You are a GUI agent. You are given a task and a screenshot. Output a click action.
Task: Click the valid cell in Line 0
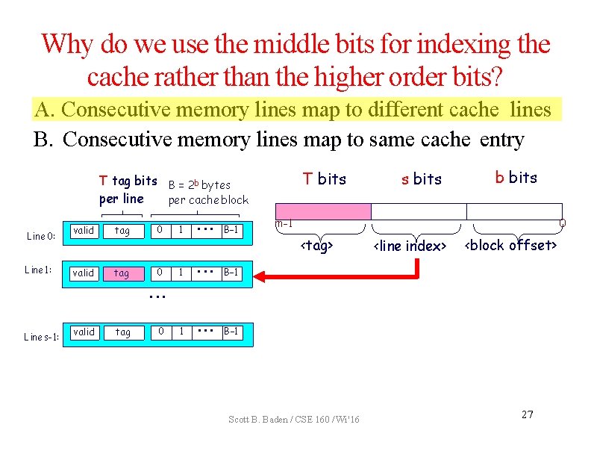[84, 231]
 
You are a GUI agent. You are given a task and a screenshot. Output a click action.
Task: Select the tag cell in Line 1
[122, 273]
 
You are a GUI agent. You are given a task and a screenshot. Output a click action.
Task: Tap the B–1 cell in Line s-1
[232, 332]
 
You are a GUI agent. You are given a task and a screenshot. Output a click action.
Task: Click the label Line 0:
[41, 236]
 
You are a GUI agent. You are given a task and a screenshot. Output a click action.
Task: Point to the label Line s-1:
[41, 337]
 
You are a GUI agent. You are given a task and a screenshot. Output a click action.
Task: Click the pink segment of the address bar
[323, 211]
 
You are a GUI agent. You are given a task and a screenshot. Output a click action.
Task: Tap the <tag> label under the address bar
[316, 246]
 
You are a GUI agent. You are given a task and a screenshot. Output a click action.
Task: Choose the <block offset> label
[511, 245]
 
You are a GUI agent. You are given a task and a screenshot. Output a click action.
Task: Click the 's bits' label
[422, 179]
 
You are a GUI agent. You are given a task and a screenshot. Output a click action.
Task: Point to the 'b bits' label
[516, 178]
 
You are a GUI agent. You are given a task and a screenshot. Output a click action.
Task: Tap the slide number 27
[527, 414]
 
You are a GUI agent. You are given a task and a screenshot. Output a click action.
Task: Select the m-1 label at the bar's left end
[284, 224]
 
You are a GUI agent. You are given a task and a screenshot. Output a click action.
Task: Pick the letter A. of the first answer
[43, 110]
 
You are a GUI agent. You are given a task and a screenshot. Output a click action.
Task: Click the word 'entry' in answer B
[501, 140]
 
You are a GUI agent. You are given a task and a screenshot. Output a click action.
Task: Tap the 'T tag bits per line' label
[127, 190]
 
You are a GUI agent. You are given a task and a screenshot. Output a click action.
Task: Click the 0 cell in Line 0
[157, 231]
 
